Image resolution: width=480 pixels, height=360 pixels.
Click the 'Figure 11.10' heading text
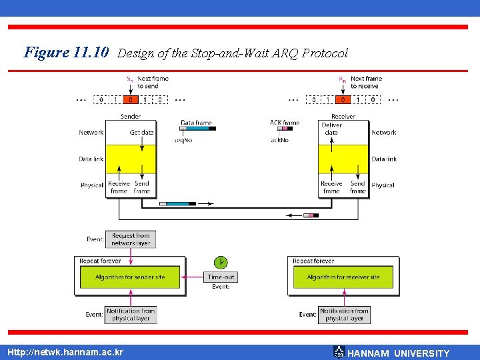click(x=66, y=52)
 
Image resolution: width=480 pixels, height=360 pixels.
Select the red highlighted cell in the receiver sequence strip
click(x=343, y=100)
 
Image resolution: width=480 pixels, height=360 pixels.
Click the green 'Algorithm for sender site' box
click(x=130, y=277)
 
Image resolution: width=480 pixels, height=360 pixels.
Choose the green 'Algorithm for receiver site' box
click(x=343, y=277)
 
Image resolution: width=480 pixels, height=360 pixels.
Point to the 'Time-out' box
click(x=221, y=277)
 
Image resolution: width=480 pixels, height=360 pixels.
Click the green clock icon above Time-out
click(x=220, y=262)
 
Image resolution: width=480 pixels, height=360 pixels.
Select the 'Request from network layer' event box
click(x=131, y=239)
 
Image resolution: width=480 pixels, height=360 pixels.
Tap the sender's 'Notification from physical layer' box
click(x=131, y=315)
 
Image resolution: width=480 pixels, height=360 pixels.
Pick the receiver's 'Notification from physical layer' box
click(x=344, y=315)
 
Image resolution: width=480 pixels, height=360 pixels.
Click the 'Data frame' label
click(x=196, y=123)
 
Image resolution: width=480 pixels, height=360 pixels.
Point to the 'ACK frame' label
click(x=285, y=123)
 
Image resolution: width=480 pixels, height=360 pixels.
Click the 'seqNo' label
click(x=183, y=140)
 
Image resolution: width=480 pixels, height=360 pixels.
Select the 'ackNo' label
click(x=280, y=140)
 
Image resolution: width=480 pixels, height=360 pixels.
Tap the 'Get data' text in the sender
click(x=141, y=132)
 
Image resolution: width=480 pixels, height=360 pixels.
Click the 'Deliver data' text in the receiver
click(x=331, y=129)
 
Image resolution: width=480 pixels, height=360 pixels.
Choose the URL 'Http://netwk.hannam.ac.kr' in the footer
click(x=65, y=351)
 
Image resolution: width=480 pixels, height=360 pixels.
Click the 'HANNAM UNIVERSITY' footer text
click(x=399, y=353)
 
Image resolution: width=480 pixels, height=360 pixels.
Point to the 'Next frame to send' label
click(x=153, y=82)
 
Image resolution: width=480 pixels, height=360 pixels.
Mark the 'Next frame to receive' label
click(x=366, y=82)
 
